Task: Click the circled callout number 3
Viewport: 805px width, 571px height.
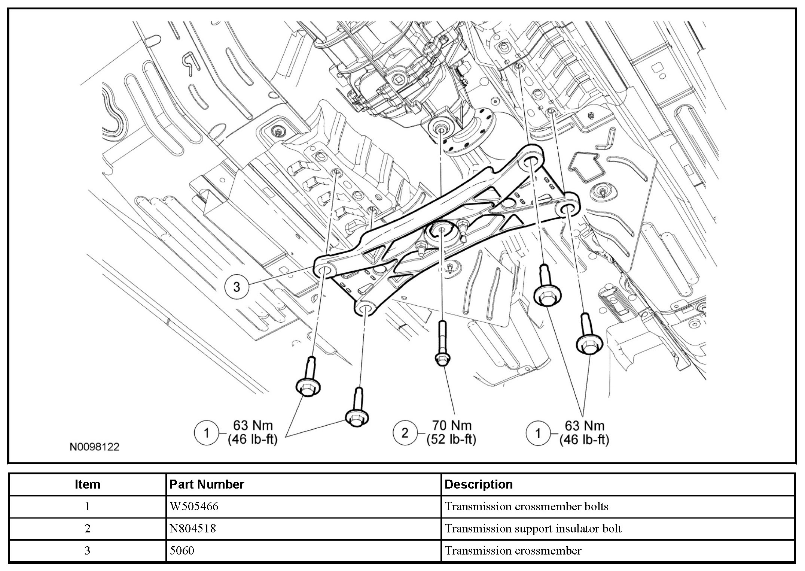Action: [x=237, y=287]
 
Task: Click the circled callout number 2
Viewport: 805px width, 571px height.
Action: [x=405, y=433]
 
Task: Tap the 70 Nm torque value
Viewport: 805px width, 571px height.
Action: [x=451, y=426]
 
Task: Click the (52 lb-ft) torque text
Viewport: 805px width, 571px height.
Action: [x=451, y=439]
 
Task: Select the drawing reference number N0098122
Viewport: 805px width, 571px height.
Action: [x=94, y=447]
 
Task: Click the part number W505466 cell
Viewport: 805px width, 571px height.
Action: [x=194, y=507]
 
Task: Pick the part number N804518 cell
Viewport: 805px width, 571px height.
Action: [x=193, y=529]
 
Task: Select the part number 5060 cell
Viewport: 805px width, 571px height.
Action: [x=182, y=550]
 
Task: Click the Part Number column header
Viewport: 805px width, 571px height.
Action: [x=207, y=484]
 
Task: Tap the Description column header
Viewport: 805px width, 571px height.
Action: [x=478, y=484]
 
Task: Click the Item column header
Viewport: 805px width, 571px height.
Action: [x=87, y=484]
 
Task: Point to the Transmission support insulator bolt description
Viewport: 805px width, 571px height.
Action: [x=533, y=529]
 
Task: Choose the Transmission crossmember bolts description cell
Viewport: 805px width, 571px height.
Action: [x=526, y=507]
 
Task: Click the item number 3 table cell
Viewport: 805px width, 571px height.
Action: [x=87, y=550]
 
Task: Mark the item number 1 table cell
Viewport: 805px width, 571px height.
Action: [x=87, y=507]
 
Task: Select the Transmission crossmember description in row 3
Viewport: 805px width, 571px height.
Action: [x=513, y=550]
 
